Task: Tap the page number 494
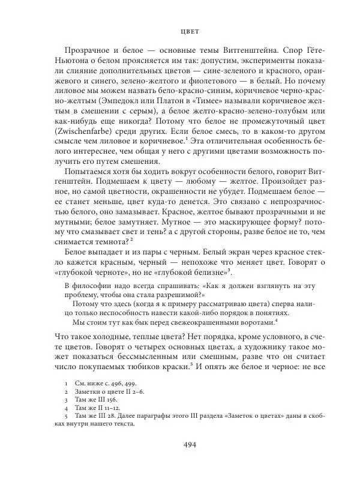pyautogui.click(x=180, y=445)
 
